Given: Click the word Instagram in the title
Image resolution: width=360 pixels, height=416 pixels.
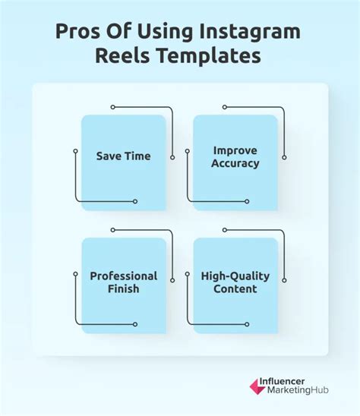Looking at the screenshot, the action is click(x=250, y=33).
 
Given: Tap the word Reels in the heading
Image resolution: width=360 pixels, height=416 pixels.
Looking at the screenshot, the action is click(x=122, y=55).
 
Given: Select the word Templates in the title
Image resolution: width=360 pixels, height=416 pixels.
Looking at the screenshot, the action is click(x=208, y=56).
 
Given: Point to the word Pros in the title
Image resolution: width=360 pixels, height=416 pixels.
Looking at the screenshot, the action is click(x=78, y=31).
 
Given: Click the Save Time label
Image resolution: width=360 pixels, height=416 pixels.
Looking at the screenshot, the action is click(x=124, y=156).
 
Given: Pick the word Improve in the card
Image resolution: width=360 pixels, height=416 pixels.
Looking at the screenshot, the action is click(x=235, y=151).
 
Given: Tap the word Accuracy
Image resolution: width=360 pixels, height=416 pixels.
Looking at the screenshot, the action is click(x=235, y=163).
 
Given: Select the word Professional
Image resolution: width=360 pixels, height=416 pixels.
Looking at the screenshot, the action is click(x=124, y=276).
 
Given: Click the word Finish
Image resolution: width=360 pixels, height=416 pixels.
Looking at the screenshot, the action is click(x=124, y=288).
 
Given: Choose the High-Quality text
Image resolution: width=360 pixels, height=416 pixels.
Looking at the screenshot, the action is click(x=235, y=276).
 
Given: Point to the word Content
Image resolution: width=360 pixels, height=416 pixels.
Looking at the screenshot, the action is click(x=235, y=288).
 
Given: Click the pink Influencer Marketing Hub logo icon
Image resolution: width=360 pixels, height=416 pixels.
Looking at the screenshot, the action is click(x=257, y=386).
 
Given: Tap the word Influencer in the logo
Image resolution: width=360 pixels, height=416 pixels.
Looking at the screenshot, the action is click(x=282, y=382).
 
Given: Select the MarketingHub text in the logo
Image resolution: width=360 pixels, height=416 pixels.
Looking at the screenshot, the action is click(x=298, y=390).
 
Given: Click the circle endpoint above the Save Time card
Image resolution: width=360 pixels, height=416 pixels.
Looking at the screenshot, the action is click(x=113, y=107).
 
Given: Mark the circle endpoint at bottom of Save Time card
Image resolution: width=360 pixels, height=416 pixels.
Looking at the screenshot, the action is click(x=135, y=201).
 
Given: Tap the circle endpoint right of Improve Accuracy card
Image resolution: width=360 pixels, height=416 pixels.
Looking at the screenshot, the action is click(x=284, y=158).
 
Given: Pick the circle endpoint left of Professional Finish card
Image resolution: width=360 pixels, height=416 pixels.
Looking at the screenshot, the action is click(x=75, y=274).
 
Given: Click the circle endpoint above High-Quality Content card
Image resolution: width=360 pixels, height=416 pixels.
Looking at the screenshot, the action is click(x=225, y=230).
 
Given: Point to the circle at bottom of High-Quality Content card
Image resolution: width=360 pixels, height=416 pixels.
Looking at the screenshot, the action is click(x=247, y=324).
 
